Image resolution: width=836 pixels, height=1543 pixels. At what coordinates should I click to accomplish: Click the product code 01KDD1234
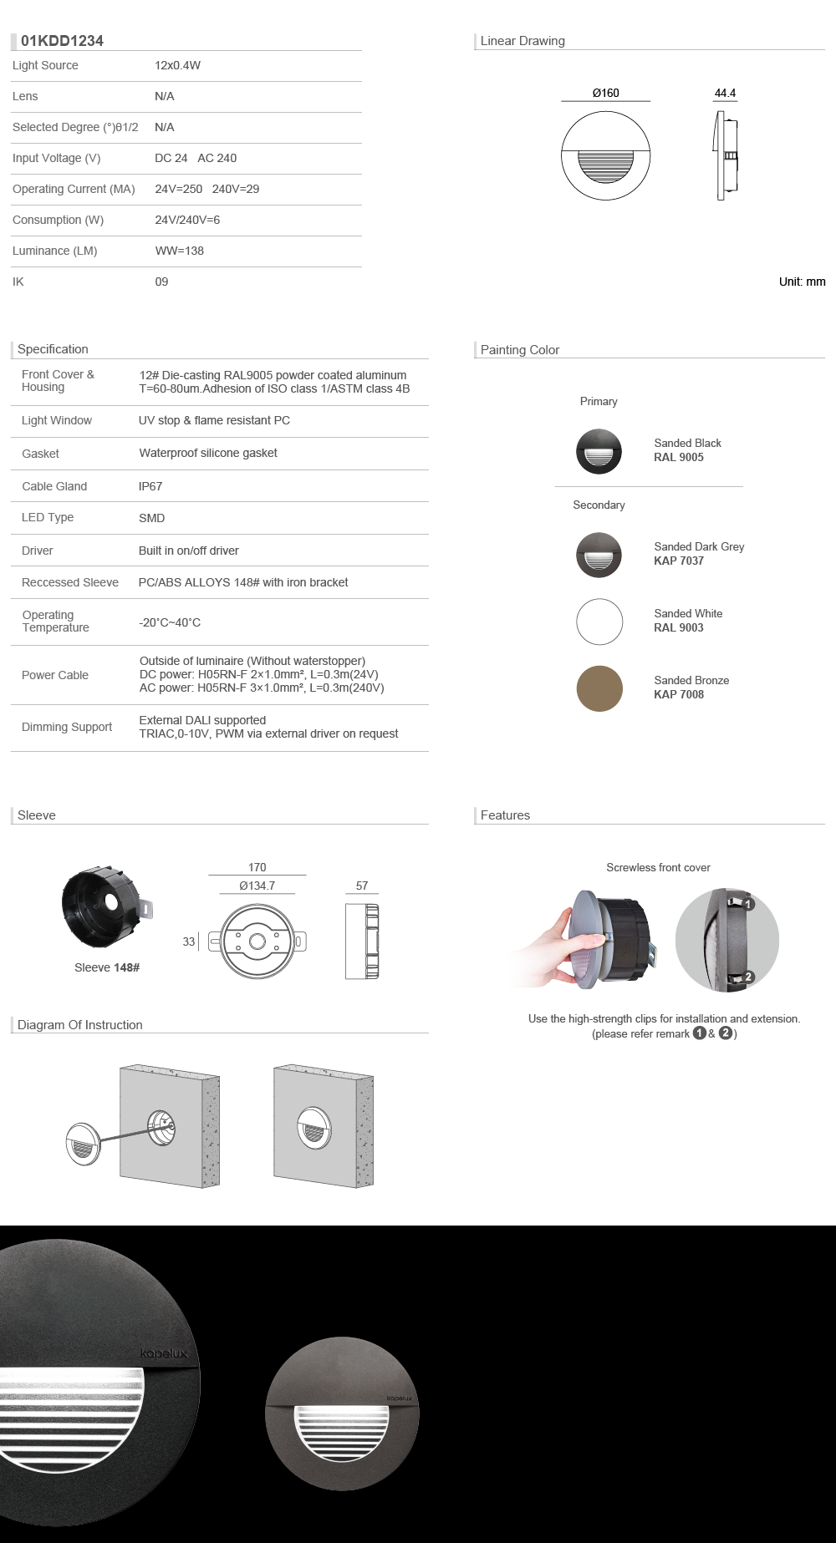(x=62, y=41)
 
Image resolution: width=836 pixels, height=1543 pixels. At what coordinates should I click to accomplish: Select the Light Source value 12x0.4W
(x=177, y=65)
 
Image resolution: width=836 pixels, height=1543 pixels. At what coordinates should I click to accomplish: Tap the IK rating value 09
(x=161, y=282)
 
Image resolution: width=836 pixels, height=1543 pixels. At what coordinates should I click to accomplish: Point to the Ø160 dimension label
(x=605, y=93)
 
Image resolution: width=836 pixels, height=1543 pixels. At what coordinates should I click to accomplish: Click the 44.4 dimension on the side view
(x=725, y=93)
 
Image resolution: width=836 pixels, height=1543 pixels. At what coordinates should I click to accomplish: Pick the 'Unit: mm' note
(x=802, y=282)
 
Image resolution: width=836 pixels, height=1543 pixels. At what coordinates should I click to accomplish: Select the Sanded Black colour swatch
(x=599, y=451)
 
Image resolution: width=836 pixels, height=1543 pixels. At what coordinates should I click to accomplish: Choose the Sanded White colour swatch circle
(x=599, y=622)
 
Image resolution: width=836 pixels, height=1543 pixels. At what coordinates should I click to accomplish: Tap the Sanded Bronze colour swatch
(x=599, y=688)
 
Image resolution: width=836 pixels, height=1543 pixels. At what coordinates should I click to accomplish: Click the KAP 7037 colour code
(x=679, y=561)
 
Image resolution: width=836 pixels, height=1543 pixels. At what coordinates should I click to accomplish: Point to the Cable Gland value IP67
(x=150, y=486)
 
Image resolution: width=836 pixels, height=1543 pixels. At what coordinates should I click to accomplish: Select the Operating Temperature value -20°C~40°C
(x=170, y=622)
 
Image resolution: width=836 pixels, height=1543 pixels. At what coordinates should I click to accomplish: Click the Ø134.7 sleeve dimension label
(x=257, y=886)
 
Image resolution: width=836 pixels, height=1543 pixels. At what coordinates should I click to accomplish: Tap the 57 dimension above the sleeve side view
(x=362, y=886)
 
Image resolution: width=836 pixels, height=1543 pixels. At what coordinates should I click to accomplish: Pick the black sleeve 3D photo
(x=102, y=906)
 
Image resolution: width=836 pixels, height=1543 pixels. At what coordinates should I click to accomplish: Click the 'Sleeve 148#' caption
(x=107, y=967)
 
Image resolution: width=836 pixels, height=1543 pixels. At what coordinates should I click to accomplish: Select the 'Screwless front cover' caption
(x=658, y=867)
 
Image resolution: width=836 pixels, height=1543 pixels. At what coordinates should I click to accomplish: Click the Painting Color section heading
(x=519, y=350)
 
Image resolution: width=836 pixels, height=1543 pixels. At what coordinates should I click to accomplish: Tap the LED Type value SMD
(x=151, y=518)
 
